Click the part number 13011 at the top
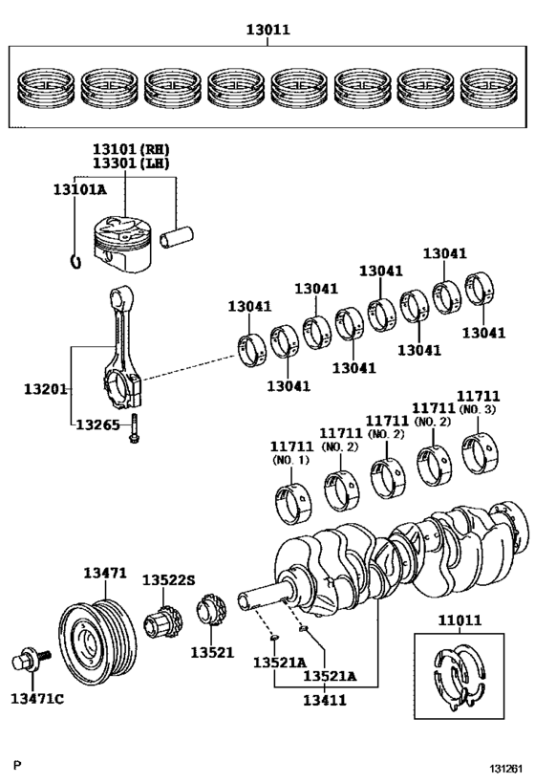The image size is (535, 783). [267, 30]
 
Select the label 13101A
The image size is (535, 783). [80, 189]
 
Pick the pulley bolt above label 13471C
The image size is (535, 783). [25, 662]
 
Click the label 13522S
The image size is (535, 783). [168, 580]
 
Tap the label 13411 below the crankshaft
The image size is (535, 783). [325, 700]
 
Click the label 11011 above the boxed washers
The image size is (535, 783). [461, 620]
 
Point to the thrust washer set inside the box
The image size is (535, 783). [460, 678]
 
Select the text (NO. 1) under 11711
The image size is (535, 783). [291, 460]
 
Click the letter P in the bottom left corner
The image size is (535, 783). [16, 766]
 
